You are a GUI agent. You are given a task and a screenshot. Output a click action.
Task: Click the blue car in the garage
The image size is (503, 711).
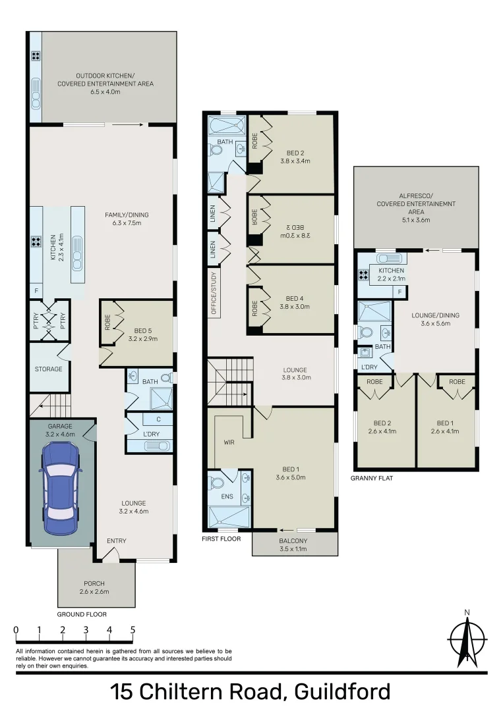click(x=59, y=487)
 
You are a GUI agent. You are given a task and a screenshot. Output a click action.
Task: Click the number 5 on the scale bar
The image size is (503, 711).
click(x=133, y=630)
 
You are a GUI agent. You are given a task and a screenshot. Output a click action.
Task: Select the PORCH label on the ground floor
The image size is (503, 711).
click(x=94, y=583)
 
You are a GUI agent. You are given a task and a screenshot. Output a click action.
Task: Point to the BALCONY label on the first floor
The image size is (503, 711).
click(x=294, y=540)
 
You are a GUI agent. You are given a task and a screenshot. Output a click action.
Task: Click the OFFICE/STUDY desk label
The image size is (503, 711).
click(x=214, y=293)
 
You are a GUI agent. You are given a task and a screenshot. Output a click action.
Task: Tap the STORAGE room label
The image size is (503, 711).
click(x=49, y=369)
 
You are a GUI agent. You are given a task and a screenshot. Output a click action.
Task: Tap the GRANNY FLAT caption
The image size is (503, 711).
click(x=372, y=479)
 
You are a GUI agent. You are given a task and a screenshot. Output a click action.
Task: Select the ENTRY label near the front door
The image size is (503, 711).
click(x=117, y=541)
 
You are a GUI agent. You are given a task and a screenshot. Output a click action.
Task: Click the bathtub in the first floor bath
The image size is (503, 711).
click(x=227, y=126)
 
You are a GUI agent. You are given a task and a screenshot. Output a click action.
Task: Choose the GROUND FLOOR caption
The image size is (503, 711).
click(x=82, y=614)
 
